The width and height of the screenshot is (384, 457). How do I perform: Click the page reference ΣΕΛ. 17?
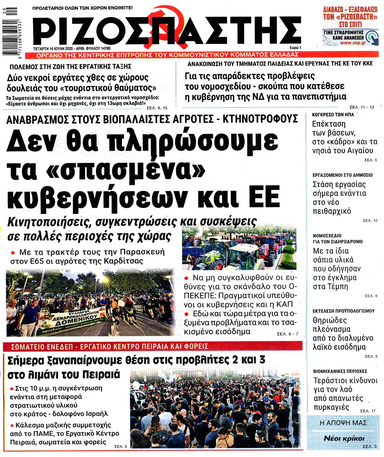368,411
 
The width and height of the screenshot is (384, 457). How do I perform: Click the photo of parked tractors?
239,249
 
